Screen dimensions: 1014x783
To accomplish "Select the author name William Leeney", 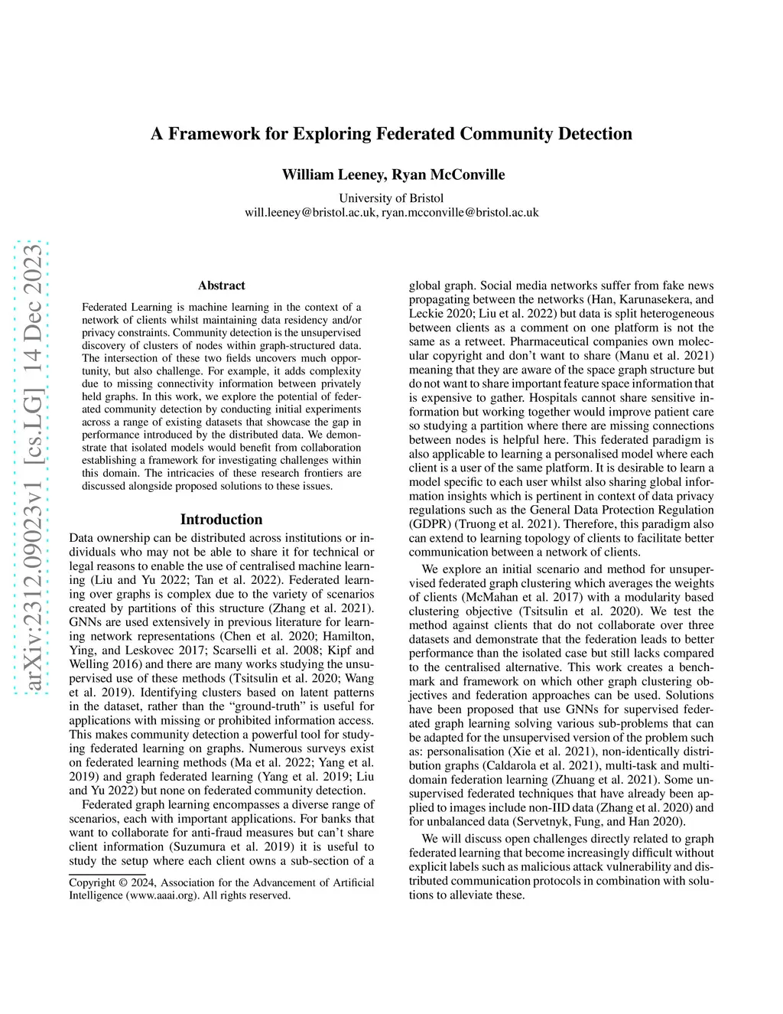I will pos(333,174).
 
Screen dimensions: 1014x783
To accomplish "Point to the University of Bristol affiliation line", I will pos(391,198).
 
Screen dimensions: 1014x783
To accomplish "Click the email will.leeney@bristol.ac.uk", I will pos(310,212).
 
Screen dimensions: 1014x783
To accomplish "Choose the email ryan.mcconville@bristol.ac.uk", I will pos(460,212).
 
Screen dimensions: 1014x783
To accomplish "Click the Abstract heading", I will pos(222,285).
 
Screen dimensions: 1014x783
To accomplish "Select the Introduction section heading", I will pos(221,519).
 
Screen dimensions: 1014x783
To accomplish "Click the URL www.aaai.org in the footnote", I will pos(164,895).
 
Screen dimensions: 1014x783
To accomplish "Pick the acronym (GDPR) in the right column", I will pos(430,524).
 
